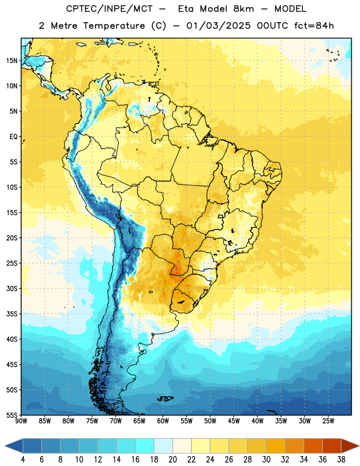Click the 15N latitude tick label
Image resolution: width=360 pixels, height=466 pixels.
pyautogui.click(x=12, y=61)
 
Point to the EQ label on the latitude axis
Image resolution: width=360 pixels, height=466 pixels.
pyautogui.click(x=13, y=137)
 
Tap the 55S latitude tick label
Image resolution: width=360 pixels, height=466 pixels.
pyautogui.click(x=12, y=415)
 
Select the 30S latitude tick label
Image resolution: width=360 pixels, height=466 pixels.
pyautogui.click(x=12, y=288)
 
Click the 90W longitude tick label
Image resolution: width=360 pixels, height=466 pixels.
pyautogui.click(x=21, y=421)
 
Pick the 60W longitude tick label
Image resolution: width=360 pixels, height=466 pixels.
pyautogui.click(x=163, y=421)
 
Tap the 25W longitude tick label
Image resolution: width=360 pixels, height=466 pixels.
pyautogui.click(x=328, y=421)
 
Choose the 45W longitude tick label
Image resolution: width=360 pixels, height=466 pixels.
pyautogui.click(x=234, y=421)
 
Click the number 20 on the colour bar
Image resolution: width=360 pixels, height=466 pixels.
pyautogui.click(x=172, y=460)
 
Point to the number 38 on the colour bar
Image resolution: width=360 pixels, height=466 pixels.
pyautogui.click(x=341, y=460)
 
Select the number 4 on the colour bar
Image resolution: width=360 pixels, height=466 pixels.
pyautogui.click(x=23, y=460)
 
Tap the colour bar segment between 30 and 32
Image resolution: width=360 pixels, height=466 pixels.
pyautogui.click(x=276, y=446)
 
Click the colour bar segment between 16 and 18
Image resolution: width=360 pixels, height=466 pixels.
pyautogui.click(x=144, y=446)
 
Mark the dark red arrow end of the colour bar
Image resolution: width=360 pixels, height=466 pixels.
pyautogui.click(x=350, y=446)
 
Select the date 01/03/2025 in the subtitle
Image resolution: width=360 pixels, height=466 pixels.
pyautogui.click(x=218, y=26)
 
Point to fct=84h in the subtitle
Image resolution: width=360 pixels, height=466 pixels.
pyautogui.click(x=314, y=26)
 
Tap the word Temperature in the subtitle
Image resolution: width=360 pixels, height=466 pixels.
pyautogui.click(x=114, y=26)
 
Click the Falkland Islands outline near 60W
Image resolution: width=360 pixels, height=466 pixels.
pyautogui.click(x=165, y=398)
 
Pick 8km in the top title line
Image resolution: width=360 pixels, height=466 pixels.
pyautogui.click(x=243, y=9)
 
